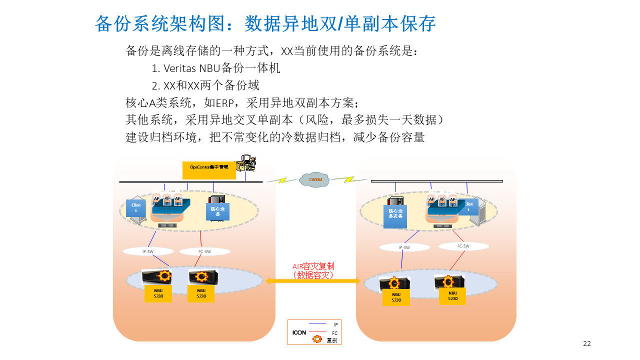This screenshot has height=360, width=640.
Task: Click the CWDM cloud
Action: tap(315, 179)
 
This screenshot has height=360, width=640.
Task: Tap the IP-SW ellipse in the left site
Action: tap(148, 251)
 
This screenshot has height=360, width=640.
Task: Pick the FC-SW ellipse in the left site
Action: tap(205, 251)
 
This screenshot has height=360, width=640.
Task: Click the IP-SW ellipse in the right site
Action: tap(404, 247)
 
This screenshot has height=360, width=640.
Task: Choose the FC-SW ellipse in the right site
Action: tap(463, 246)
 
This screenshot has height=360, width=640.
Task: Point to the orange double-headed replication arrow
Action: tap(313, 281)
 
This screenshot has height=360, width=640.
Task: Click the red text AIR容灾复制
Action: tap(313, 266)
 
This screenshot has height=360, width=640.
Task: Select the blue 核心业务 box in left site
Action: tap(217, 211)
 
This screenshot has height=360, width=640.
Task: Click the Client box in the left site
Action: tap(136, 208)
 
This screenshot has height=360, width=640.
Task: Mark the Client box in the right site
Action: tap(468, 207)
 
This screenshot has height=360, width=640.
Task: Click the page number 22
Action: tap(587, 343)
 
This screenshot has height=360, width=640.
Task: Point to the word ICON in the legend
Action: tap(299, 332)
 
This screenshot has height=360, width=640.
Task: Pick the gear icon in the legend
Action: tap(317, 339)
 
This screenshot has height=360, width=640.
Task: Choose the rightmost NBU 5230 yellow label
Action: tap(452, 296)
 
